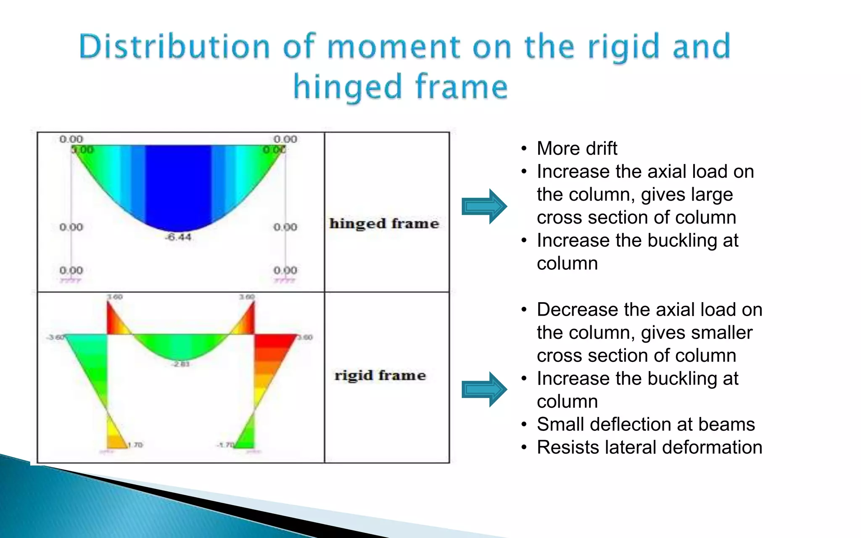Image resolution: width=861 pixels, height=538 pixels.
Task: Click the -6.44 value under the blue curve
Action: pyautogui.click(x=179, y=237)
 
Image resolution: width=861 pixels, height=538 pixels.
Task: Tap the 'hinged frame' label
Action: pyautogui.click(x=384, y=224)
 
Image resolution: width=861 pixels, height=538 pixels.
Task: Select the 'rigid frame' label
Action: pyautogui.click(x=380, y=375)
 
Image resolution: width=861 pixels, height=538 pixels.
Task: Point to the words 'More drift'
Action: pyautogui.click(x=577, y=148)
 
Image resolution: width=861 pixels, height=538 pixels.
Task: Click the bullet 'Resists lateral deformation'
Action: pyautogui.click(x=649, y=447)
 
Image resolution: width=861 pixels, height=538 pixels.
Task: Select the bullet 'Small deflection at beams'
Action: pyautogui.click(x=646, y=424)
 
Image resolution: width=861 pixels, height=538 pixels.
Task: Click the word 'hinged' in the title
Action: pyautogui.click(x=347, y=87)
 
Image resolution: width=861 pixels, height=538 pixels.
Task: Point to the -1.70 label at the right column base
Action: pyautogui.click(x=225, y=445)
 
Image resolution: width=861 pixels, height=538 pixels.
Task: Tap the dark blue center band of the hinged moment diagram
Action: pyautogui.click(x=178, y=185)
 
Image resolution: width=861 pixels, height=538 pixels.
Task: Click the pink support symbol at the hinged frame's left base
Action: pyautogui.click(x=70, y=280)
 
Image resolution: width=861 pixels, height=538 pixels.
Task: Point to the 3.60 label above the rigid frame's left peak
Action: pyautogui.click(x=114, y=297)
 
